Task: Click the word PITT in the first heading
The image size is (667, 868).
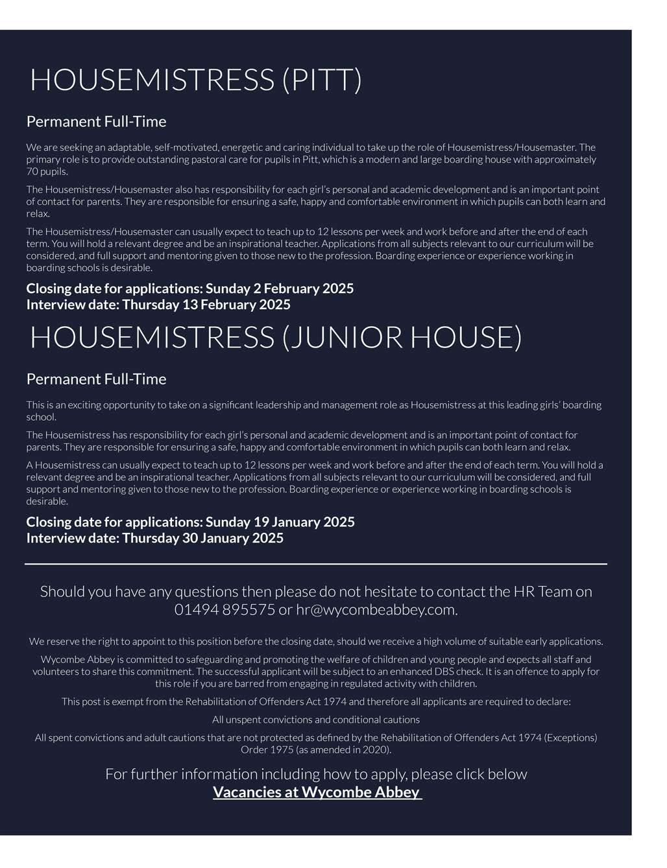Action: [321, 80]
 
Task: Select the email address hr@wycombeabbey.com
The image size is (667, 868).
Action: [376, 609]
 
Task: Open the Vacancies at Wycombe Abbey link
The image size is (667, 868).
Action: [317, 792]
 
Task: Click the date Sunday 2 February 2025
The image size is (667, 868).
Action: [279, 288]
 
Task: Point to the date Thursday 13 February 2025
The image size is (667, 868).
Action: [206, 305]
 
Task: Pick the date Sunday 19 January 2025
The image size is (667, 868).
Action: [280, 522]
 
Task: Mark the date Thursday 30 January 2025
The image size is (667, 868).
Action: [202, 538]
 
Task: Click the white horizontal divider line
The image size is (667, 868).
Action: [316, 565]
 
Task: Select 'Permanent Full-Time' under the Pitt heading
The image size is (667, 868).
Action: [96, 122]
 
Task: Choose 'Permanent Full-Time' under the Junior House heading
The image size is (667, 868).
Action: [96, 379]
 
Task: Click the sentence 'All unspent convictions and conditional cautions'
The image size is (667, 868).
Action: [316, 720]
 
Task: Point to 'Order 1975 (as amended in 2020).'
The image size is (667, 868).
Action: [316, 750]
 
